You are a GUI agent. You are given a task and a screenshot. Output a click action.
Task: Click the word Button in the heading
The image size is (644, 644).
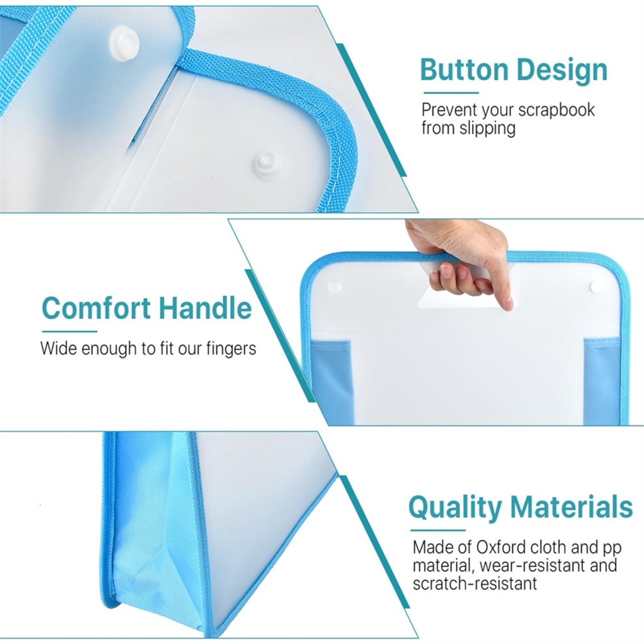pyautogui.click(x=464, y=70)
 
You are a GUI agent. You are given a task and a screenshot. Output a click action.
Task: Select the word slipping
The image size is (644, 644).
pyautogui.click(x=487, y=129)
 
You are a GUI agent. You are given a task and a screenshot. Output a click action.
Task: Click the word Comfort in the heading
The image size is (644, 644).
pyautogui.click(x=96, y=308)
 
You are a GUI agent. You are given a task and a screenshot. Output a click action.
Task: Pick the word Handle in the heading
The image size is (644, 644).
pyautogui.click(x=205, y=308)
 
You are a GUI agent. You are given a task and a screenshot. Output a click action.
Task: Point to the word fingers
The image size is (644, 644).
pyautogui.click(x=231, y=349)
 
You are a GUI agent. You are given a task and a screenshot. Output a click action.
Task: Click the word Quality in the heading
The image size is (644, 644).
pyautogui.click(x=455, y=508)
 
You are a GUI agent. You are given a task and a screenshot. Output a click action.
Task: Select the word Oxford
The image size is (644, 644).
pyautogui.click(x=501, y=547)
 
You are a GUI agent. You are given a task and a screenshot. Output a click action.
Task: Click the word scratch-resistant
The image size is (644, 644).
pyautogui.click(x=475, y=584)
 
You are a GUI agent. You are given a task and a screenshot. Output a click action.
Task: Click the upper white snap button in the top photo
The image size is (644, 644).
pyautogui.click(x=124, y=39)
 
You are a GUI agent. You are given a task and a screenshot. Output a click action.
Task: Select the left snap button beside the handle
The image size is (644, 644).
pyautogui.click(x=335, y=286)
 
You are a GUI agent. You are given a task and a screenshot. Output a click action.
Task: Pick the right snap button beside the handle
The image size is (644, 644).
pyautogui.click(x=597, y=287)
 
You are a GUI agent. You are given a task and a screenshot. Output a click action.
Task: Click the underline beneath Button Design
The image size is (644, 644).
pyautogui.click(x=451, y=93)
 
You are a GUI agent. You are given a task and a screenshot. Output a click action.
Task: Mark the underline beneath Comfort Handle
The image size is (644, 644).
pyautogui.click(x=70, y=332)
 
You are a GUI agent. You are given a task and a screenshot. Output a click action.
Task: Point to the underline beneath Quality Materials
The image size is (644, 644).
pyautogui.click(x=438, y=530)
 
